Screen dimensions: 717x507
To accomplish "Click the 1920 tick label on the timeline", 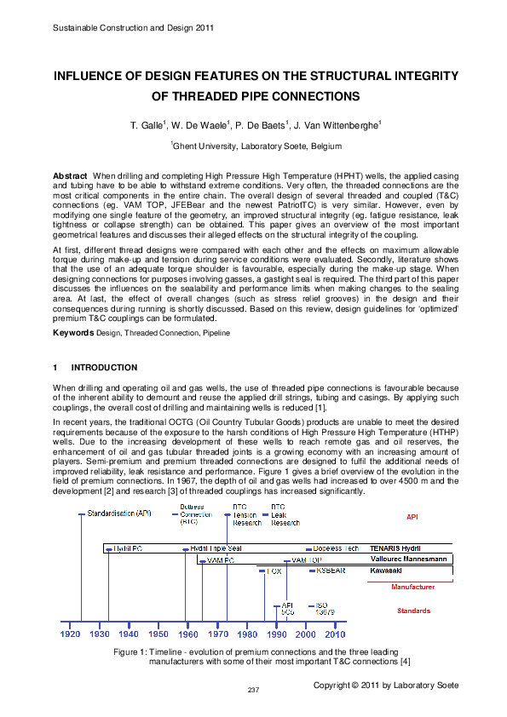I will tap(71, 634).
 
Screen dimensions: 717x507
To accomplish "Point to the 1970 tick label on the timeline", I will tap(219, 634).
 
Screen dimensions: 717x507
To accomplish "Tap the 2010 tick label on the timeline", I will tap(335, 634).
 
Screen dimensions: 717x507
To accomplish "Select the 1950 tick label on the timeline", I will tap(158, 634).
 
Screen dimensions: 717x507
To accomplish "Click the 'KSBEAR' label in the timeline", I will tap(330, 571).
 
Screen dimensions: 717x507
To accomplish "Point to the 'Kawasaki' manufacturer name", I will tap(386, 571).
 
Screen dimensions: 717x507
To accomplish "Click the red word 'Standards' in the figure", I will tap(414, 611).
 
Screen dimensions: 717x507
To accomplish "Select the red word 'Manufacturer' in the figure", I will tap(413, 588).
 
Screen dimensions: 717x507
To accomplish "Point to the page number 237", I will tap(253, 689).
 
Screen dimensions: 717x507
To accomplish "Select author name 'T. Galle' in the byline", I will tap(146, 126).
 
